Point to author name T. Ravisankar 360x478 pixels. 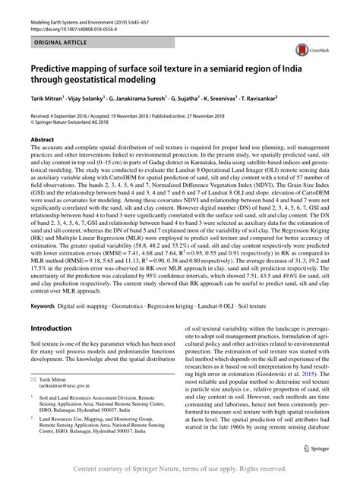coord(298,97)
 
